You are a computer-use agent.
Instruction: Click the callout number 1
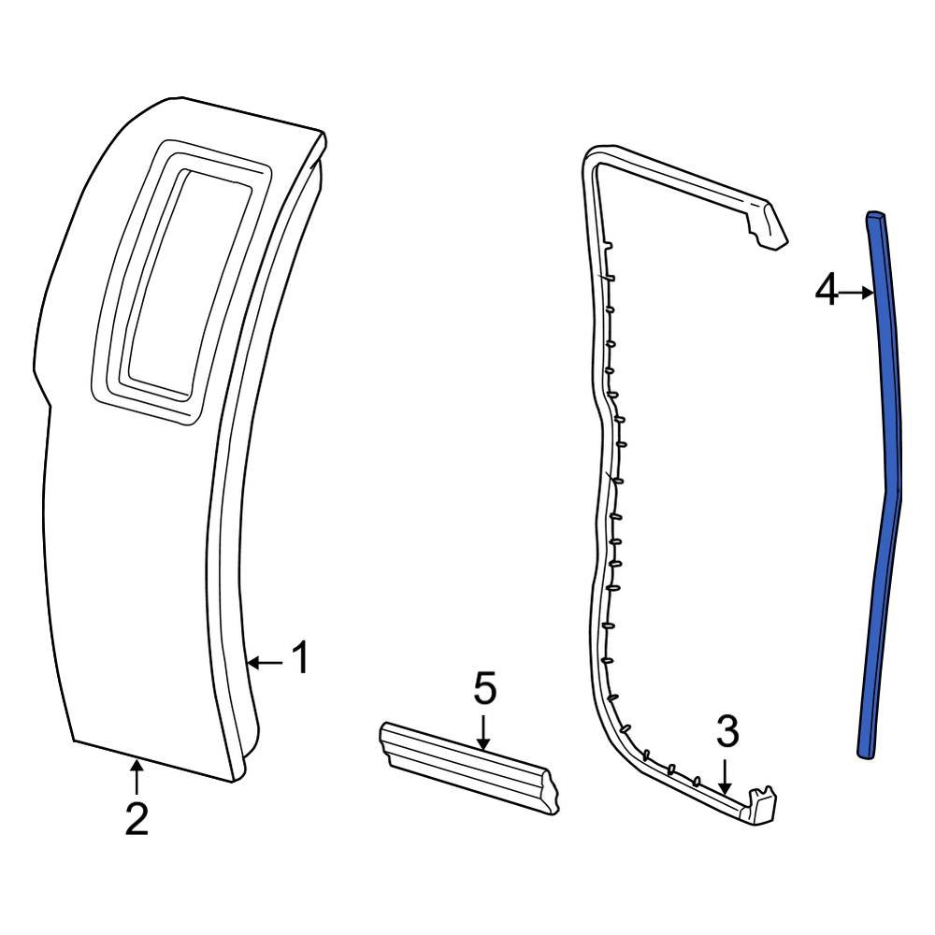299,660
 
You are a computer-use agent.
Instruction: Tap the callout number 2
137,819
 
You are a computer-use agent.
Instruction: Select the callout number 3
727,732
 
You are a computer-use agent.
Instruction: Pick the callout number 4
827,292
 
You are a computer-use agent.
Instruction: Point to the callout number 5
484,689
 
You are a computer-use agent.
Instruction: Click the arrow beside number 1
266,663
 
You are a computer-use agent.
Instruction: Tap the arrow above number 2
137,776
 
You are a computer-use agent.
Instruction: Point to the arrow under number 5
483,731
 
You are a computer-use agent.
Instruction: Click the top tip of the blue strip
875,218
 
